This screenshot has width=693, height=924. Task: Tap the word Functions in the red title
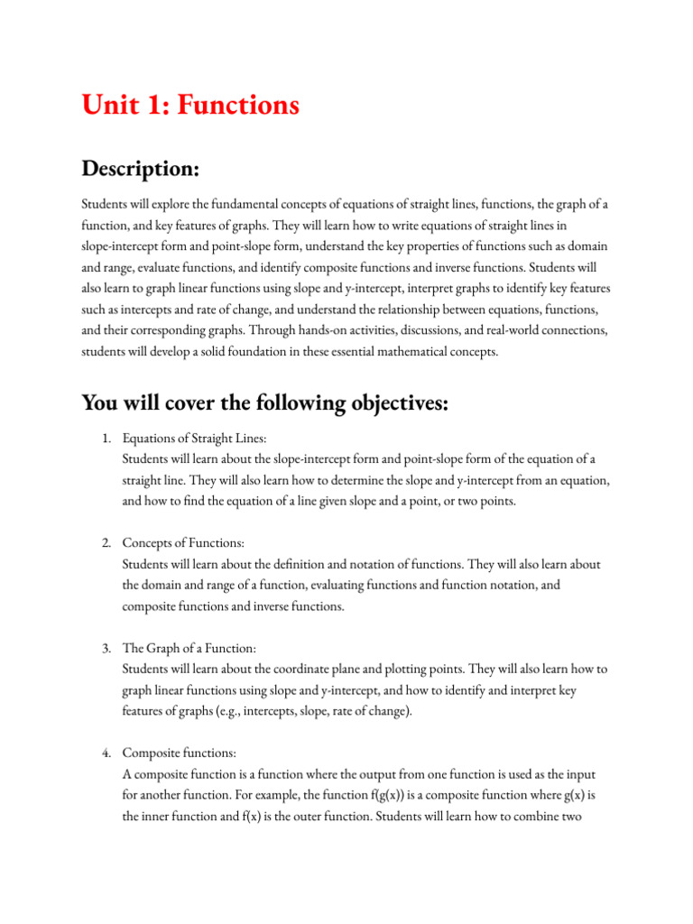(x=237, y=106)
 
